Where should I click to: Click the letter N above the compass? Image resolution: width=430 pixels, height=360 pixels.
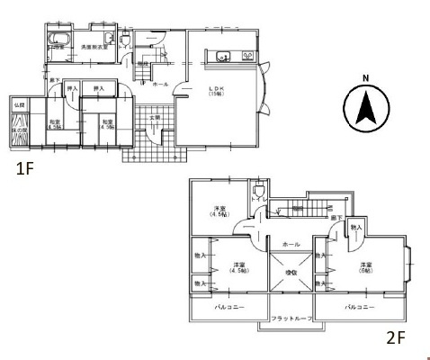365,77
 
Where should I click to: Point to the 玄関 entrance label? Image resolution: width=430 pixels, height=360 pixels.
155,117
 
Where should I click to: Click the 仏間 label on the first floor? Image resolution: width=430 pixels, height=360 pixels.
21,105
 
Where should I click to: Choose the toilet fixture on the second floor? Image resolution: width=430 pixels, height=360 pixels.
259,192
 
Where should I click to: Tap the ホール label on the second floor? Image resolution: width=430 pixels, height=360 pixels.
291,243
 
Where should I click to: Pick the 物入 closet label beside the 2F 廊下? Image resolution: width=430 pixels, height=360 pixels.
355,227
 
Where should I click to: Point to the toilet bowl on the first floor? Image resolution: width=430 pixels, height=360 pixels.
107,39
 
